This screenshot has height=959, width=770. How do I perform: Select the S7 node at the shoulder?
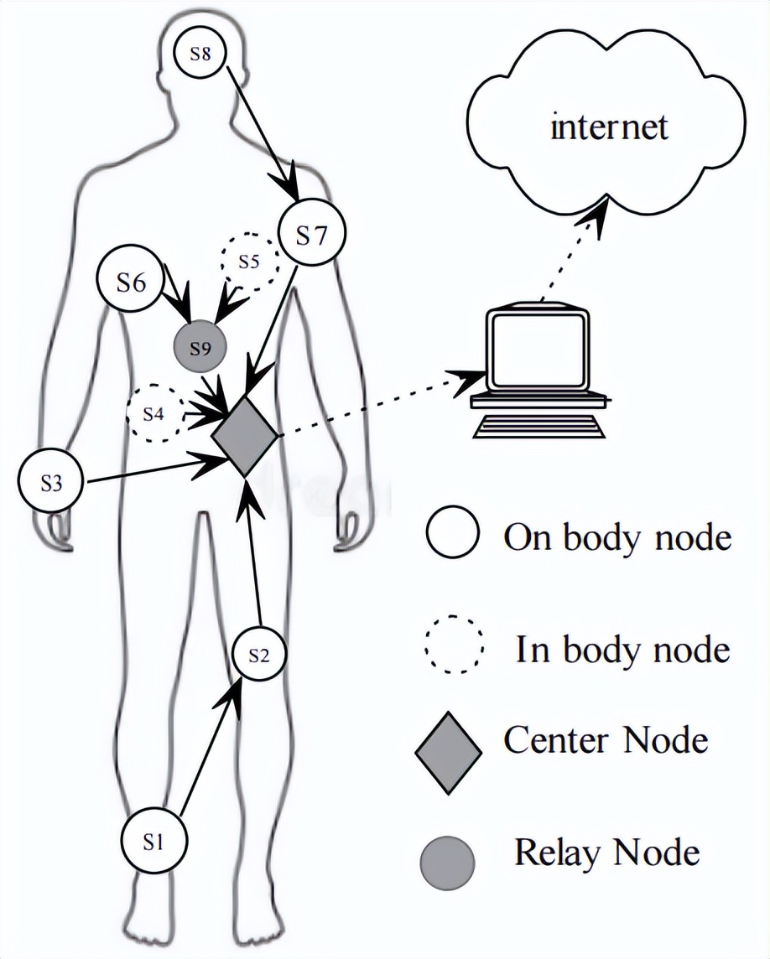click(311, 236)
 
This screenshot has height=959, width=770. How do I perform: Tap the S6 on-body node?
click(130, 282)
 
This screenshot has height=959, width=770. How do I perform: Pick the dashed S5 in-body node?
click(248, 262)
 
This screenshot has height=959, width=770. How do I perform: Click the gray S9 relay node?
click(199, 347)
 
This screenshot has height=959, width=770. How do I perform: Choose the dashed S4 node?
click(153, 413)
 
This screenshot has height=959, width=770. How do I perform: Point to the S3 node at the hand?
click(52, 483)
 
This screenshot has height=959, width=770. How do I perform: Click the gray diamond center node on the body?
click(244, 436)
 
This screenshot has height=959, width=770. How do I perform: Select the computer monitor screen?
click(538, 351)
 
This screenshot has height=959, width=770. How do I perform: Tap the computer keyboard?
click(539, 425)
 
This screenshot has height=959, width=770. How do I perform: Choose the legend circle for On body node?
click(453, 533)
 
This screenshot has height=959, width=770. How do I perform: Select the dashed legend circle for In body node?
click(454, 645)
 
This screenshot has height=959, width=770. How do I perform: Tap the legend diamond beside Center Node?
click(450, 752)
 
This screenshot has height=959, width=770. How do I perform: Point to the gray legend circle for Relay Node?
click(446, 863)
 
